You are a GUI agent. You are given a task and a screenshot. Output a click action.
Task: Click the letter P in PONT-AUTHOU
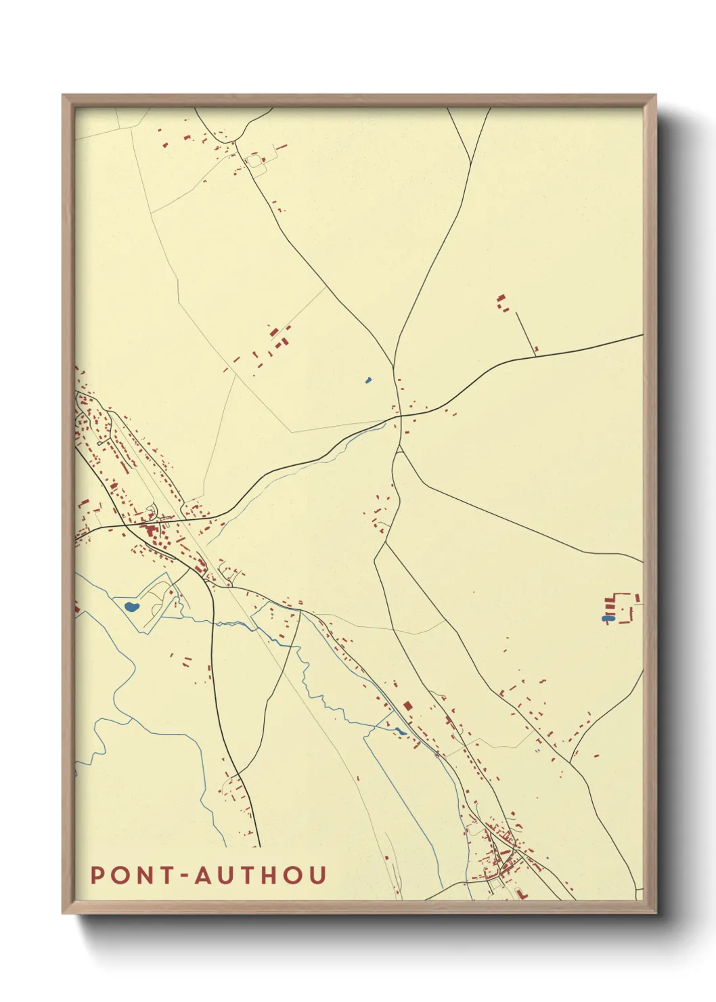coord(97,875)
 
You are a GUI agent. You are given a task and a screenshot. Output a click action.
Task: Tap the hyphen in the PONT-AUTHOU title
coord(187,876)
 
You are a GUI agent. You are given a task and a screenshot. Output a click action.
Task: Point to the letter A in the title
coord(205,875)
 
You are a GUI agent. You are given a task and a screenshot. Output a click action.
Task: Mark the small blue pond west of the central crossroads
coord(368,380)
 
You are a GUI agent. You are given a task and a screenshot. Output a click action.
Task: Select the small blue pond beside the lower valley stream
coord(401,731)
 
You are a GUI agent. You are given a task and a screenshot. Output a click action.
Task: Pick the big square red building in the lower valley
coord(407,705)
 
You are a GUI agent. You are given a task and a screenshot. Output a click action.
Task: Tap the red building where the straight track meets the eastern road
coord(536,349)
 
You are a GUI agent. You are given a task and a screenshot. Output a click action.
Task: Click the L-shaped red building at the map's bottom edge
coord(520,894)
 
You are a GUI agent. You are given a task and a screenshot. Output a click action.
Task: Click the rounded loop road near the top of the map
coord(255,162)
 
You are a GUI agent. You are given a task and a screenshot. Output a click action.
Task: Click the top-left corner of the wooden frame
coord(64,95)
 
